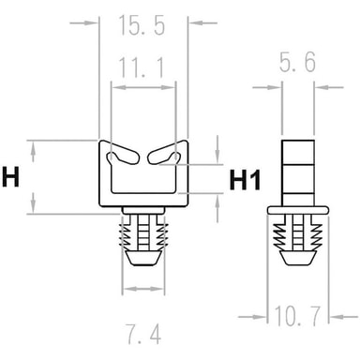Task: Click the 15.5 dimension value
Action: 142,24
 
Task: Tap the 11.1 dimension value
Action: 142,67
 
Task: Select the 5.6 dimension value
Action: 297,62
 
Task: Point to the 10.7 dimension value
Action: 297,316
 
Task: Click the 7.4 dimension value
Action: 143,334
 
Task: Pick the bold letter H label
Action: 11,177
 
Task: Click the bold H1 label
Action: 245,180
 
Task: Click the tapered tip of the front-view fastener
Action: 143,257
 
